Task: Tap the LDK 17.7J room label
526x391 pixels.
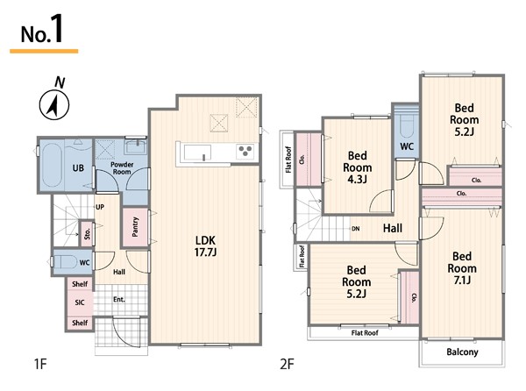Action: pyautogui.click(x=205, y=246)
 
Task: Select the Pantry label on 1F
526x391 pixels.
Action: pyautogui.click(x=135, y=227)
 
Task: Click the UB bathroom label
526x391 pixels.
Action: pyautogui.click(x=78, y=167)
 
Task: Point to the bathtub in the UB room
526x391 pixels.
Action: pyautogui.click(x=52, y=165)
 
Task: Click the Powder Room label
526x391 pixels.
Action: pyautogui.click(x=122, y=168)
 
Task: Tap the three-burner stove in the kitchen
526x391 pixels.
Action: pyautogui.click(x=245, y=151)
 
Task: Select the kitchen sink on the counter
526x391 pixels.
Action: pyautogui.click(x=197, y=153)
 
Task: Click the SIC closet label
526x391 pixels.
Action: pyautogui.click(x=80, y=302)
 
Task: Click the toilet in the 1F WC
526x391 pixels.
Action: pyautogui.click(x=64, y=262)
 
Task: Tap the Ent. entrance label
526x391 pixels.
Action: pyautogui.click(x=119, y=299)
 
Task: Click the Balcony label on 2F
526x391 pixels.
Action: pyautogui.click(x=462, y=352)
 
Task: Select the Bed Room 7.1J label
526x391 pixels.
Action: pyautogui.click(x=462, y=268)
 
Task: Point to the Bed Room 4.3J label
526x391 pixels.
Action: pyautogui.click(x=358, y=167)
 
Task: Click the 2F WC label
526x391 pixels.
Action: pyautogui.click(x=407, y=146)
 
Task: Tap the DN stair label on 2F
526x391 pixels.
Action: pyautogui.click(x=356, y=229)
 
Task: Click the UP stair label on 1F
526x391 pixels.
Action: pyautogui.click(x=100, y=207)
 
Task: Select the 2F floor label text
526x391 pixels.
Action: pyautogui.click(x=288, y=364)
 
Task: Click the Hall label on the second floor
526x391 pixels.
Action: pyautogui.click(x=393, y=228)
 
